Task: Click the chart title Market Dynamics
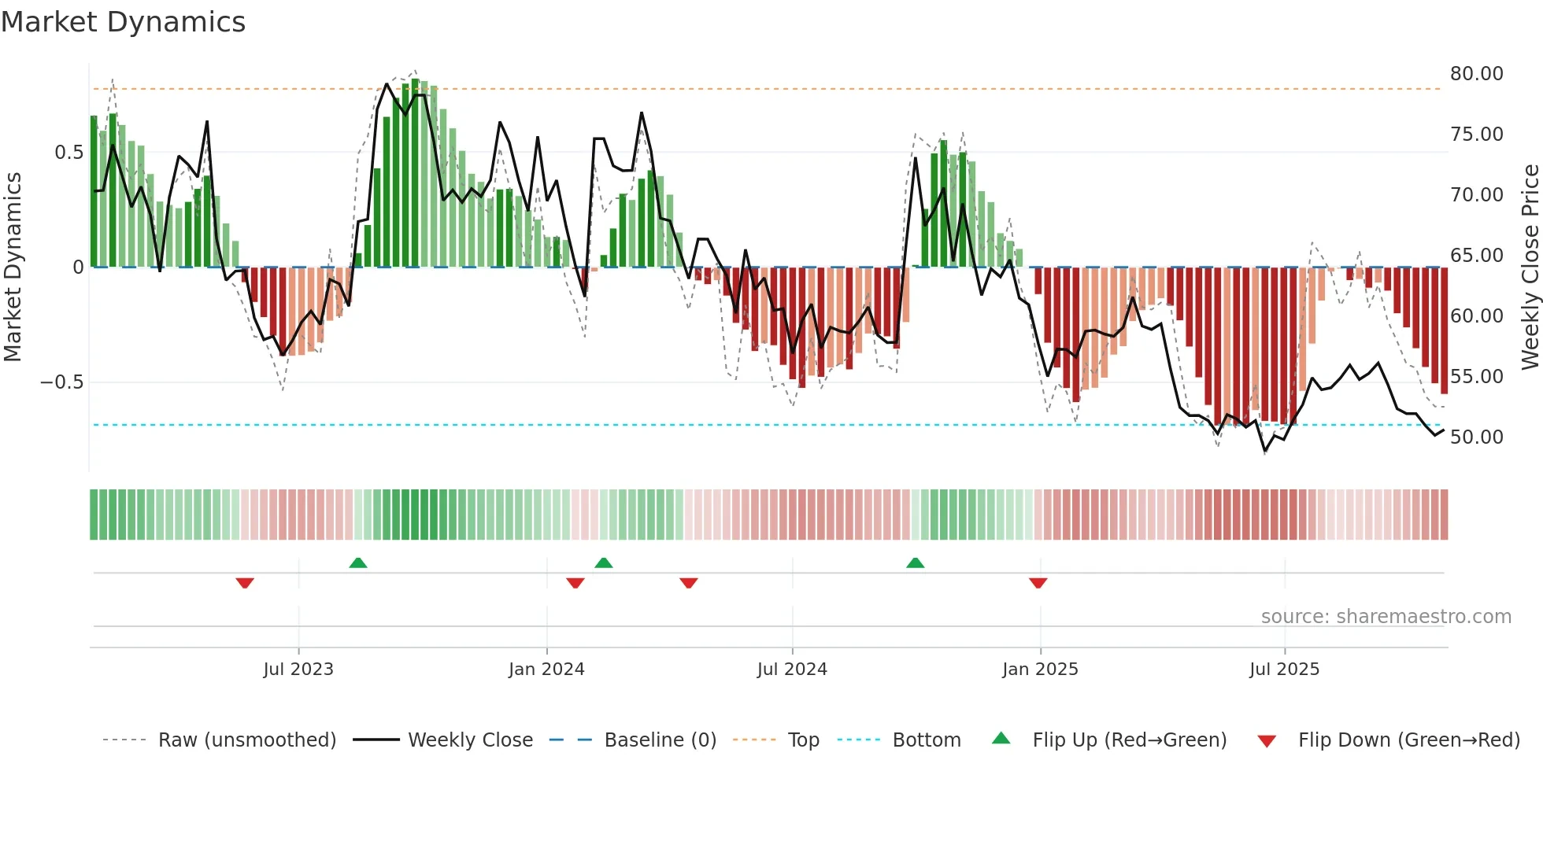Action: click(123, 22)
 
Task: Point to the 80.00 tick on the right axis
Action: click(1476, 74)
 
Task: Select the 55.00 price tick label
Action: click(1476, 377)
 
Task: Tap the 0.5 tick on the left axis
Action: click(68, 153)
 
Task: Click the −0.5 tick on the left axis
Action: click(61, 382)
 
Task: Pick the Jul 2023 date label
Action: click(298, 670)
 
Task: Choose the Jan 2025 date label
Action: click(1040, 670)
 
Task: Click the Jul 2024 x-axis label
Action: click(792, 670)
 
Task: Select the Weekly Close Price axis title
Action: click(1530, 267)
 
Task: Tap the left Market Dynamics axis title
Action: click(13, 267)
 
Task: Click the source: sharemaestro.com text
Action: click(1386, 617)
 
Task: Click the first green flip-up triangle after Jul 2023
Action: click(358, 563)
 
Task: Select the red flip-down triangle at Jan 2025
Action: click(1038, 583)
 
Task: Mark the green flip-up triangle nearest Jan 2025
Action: click(915, 563)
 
